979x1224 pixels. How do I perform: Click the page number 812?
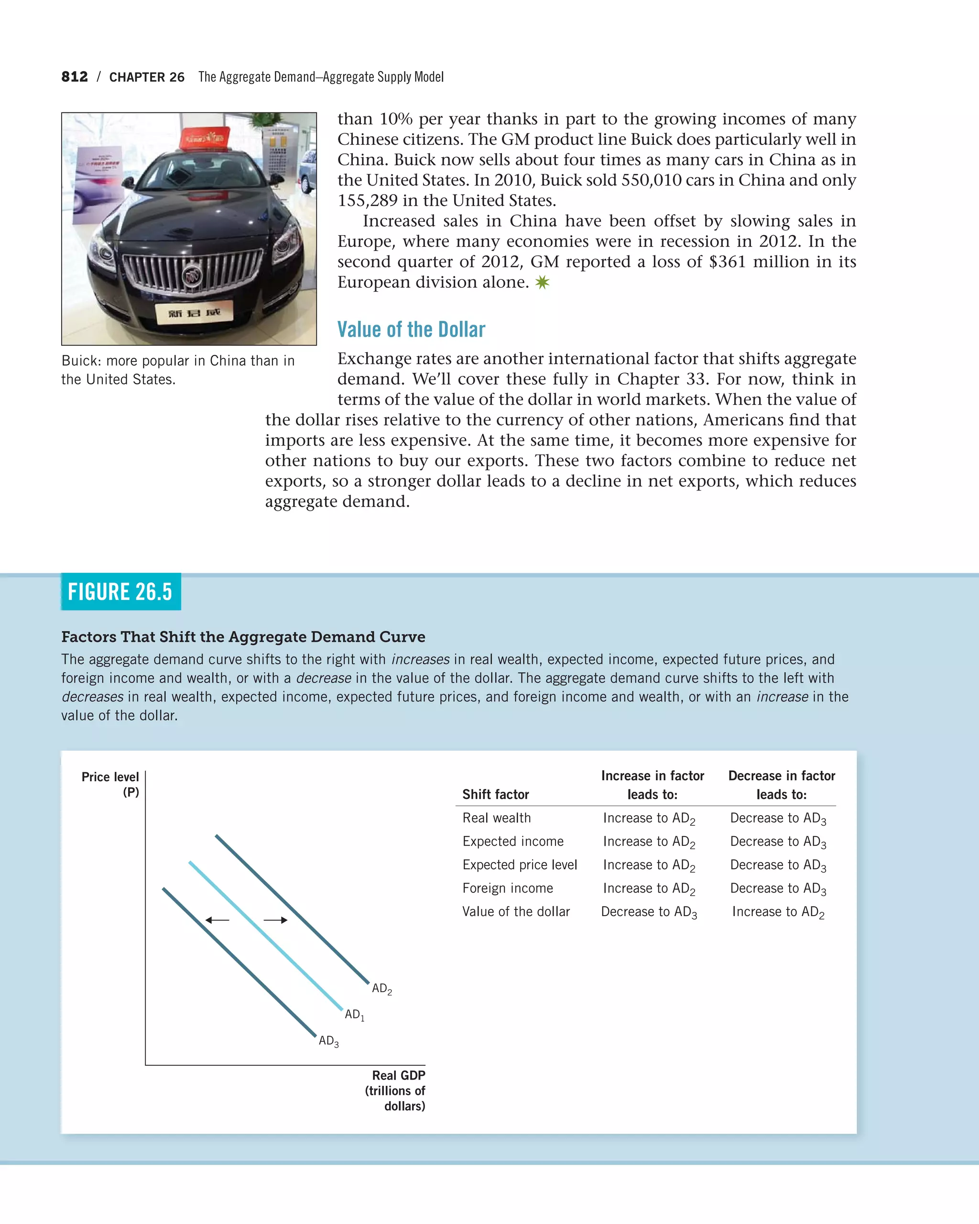(75, 76)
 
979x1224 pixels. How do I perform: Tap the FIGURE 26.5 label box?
(120, 591)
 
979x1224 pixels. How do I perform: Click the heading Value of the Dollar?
(411, 329)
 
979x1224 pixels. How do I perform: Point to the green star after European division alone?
(542, 282)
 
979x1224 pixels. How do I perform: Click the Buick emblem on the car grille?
(192, 276)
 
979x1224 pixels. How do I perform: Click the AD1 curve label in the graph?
(355, 1015)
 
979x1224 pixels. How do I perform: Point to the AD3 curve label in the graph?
(328, 1040)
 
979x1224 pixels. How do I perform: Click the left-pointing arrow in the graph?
(217, 920)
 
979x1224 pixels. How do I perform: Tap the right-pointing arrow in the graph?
(276, 920)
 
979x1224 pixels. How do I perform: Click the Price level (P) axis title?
(111, 784)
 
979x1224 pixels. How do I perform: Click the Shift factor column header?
(495, 794)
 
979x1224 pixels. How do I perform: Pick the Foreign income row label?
(507, 888)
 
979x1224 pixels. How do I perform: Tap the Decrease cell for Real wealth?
(778, 818)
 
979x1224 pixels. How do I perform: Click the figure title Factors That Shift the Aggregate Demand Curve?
(243, 637)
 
